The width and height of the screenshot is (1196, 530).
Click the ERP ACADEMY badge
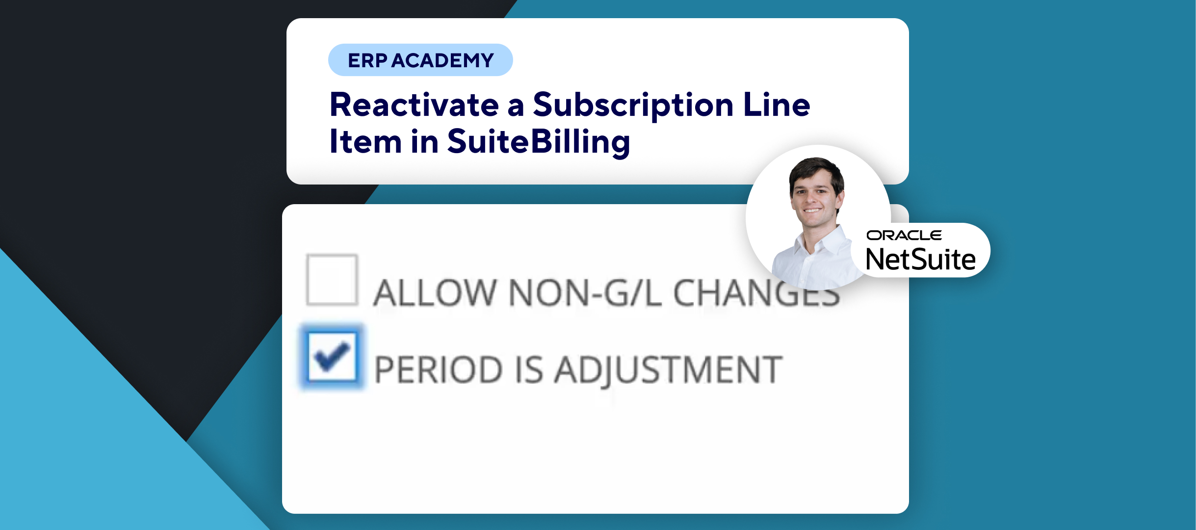click(x=420, y=60)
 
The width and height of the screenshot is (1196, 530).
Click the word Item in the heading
click(x=365, y=141)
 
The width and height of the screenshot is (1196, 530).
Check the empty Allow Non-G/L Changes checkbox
click(x=332, y=280)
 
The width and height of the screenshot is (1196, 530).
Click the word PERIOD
click(x=439, y=370)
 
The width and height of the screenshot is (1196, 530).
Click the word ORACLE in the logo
click(x=904, y=236)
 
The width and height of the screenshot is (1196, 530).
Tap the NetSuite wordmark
click(x=921, y=259)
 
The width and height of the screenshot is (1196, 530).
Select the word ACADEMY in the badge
click(x=443, y=60)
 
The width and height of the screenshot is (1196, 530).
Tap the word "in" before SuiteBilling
click(x=424, y=141)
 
